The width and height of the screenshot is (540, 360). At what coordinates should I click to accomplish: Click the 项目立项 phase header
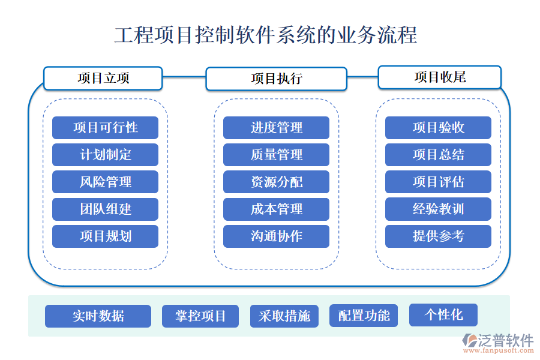103,78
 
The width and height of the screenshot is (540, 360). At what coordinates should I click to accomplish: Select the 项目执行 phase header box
276,79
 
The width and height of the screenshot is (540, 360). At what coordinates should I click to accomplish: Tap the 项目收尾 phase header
439,77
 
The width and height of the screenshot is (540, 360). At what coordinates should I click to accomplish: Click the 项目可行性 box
105,128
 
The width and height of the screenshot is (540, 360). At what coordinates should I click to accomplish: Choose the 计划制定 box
105,155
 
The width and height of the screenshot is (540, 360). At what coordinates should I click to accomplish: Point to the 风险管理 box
105,182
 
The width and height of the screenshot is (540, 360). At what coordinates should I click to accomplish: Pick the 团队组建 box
105,209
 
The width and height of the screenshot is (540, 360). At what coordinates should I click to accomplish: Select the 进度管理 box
276,128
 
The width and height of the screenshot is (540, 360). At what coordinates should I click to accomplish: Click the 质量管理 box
276,155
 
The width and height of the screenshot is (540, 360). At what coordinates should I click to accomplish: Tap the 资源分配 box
276,182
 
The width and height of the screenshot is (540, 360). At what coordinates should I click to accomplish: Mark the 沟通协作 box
276,236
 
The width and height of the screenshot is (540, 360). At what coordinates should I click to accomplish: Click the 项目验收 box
438,128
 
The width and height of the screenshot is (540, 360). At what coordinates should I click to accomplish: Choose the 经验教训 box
438,209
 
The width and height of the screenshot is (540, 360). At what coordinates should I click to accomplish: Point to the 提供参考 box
438,236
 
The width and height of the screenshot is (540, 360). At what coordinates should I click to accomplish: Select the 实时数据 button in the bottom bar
98,316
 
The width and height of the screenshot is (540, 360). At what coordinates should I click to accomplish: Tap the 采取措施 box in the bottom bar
284,316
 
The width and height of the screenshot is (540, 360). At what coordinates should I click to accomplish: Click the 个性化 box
443,315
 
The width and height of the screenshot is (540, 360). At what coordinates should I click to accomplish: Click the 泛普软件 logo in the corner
498,340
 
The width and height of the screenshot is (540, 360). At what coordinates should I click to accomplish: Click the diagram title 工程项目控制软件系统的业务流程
265,35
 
